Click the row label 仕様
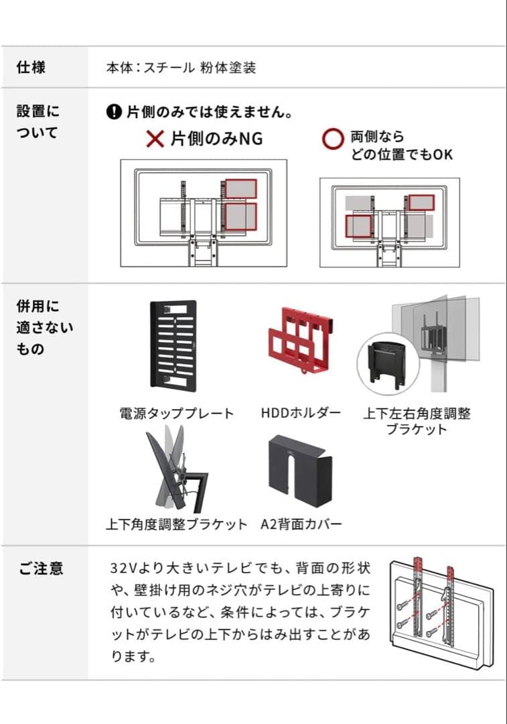click(x=31, y=68)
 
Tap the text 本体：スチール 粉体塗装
click(x=181, y=68)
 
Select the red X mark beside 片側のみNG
click(x=155, y=139)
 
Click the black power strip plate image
click(x=173, y=345)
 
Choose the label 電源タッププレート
click(x=177, y=414)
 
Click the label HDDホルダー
click(x=301, y=414)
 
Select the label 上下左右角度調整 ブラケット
click(x=417, y=421)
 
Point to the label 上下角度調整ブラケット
click(x=176, y=524)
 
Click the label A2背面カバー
click(x=301, y=524)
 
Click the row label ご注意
click(x=40, y=568)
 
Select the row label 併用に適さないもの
click(x=45, y=328)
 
